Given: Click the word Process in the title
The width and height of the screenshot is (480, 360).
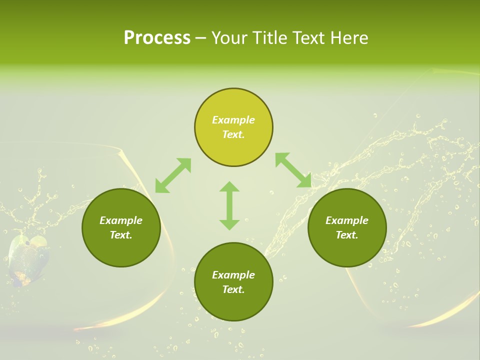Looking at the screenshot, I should tap(157, 38).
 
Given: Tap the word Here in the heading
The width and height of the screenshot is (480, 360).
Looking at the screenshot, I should tap(348, 38).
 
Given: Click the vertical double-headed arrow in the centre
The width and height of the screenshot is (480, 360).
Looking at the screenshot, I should tap(229, 205).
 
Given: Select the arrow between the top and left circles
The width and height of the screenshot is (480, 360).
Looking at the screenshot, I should tap(173, 175).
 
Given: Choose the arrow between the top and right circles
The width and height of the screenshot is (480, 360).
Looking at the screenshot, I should tap(293, 170).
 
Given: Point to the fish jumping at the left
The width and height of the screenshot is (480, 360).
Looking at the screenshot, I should tap(29, 257).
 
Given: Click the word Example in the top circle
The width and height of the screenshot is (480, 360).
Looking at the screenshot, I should tap(233, 120).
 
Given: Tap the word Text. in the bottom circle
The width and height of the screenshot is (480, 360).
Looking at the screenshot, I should tap(233, 289).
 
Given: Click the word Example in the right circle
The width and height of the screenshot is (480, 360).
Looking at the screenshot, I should tap(347, 220).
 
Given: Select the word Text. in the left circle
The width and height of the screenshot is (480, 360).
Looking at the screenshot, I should tap(121, 235).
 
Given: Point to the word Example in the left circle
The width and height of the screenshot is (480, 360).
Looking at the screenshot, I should tap(121, 220).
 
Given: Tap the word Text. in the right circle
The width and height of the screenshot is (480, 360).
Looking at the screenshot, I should tap(347, 235).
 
